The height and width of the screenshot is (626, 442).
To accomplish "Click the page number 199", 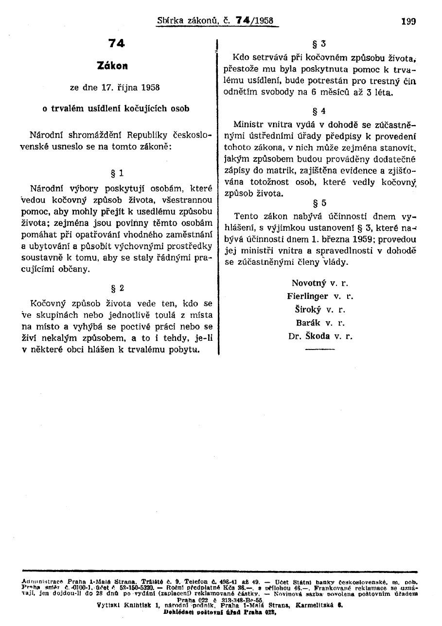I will click(x=408, y=21).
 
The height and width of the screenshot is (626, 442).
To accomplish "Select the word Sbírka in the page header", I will click(x=169, y=21).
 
